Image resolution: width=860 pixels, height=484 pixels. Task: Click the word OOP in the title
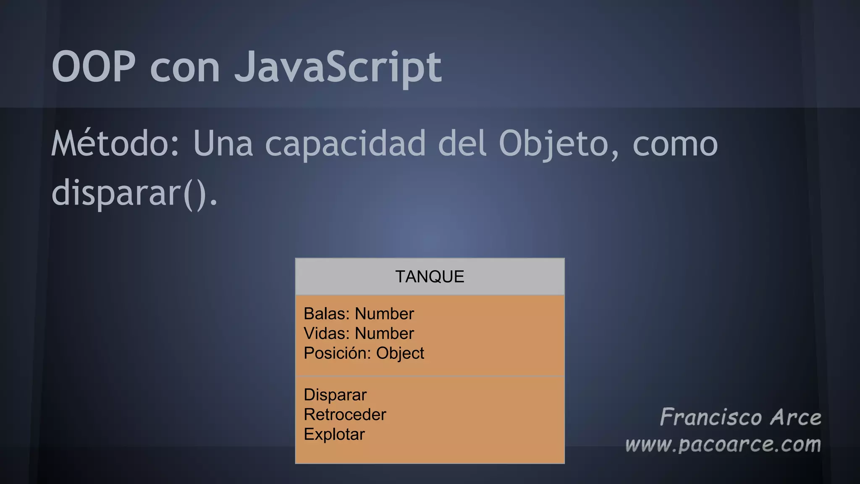(x=94, y=67)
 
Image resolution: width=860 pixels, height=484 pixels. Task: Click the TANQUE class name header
(x=430, y=277)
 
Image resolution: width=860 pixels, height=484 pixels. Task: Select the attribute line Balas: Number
(x=359, y=314)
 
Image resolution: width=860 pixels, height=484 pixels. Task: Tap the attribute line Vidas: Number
(x=359, y=334)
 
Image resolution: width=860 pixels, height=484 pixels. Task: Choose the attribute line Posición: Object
(x=364, y=353)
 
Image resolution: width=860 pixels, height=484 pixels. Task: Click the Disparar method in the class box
(x=335, y=395)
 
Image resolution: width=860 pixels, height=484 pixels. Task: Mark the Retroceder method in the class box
(x=345, y=415)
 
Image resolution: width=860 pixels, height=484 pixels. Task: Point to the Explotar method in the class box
(x=334, y=434)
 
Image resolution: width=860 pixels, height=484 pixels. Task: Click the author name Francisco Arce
(x=740, y=417)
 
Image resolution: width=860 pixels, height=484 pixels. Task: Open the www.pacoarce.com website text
(x=723, y=445)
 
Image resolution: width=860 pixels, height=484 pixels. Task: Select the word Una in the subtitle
(x=223, y=144)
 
